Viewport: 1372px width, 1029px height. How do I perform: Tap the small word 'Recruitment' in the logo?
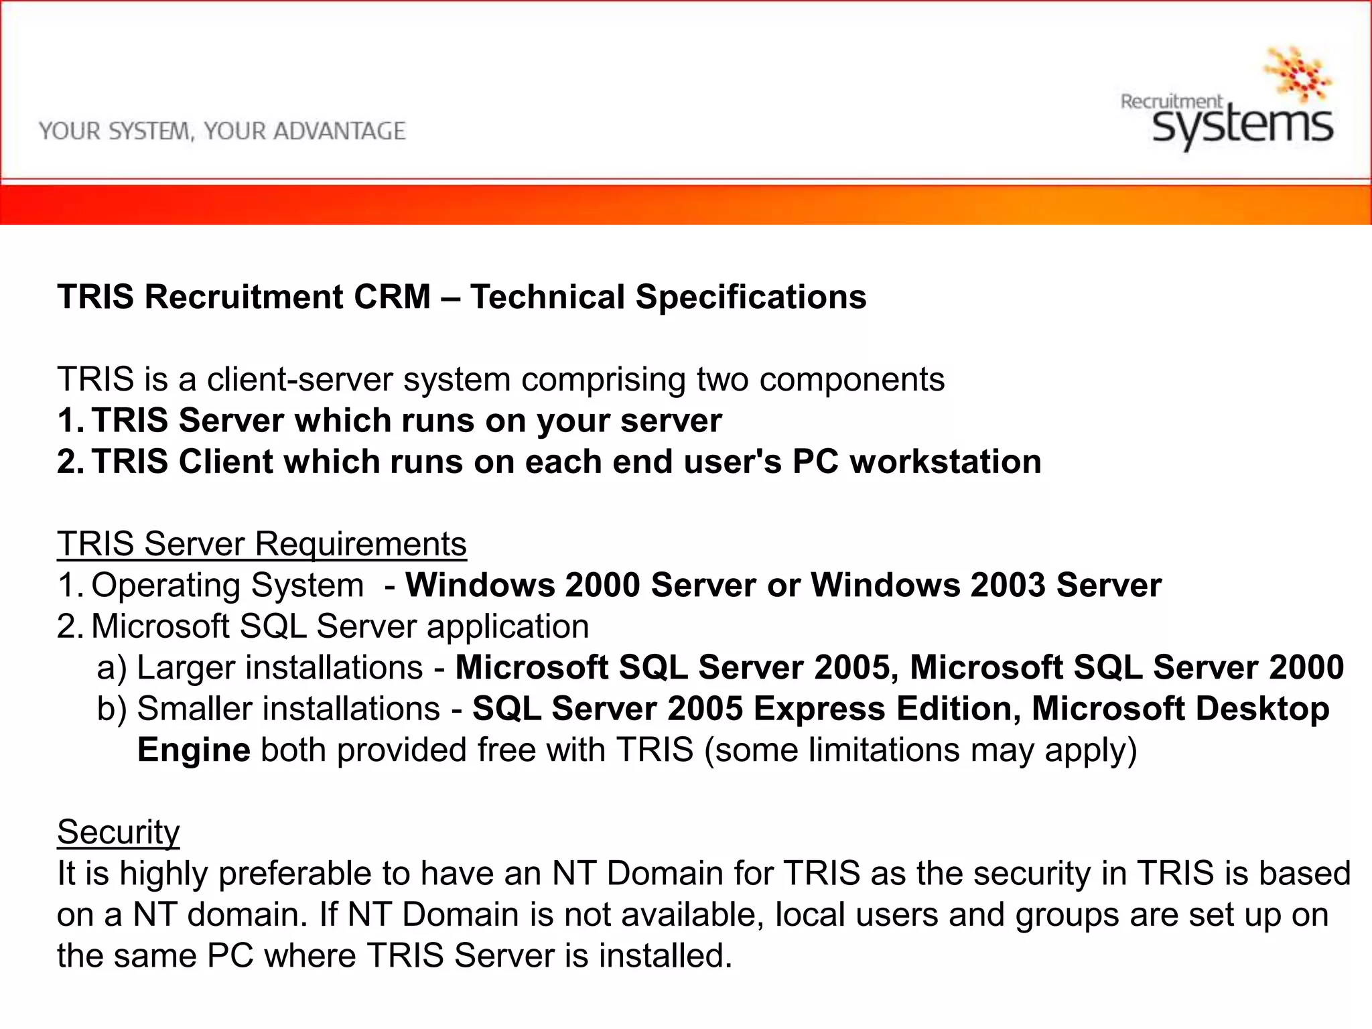point(1171,102)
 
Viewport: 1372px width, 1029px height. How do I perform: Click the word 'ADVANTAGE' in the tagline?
point(339,131)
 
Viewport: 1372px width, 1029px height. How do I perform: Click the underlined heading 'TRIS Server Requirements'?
point(261,544)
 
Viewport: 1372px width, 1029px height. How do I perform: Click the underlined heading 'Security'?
point(118,832)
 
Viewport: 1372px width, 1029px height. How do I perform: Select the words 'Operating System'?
point(227,586)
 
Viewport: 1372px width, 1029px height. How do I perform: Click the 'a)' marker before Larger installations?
point(111,668)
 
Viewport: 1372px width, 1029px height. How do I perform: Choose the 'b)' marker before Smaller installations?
point(111,709)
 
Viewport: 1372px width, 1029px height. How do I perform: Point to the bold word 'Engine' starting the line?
point(194,750)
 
